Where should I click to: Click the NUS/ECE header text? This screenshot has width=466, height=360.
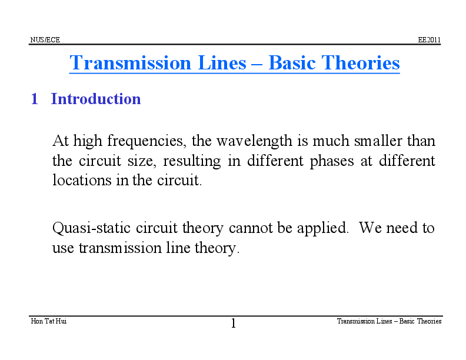(45, 40)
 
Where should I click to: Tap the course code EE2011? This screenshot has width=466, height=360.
(429, 40)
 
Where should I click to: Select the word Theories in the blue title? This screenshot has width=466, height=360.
(363, 63)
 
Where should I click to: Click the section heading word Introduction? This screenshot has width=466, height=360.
(96, 99)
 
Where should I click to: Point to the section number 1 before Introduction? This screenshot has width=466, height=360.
(34, 99)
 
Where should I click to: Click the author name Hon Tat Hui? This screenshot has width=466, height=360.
(48, 321)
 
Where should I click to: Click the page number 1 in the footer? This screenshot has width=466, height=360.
(233, 324)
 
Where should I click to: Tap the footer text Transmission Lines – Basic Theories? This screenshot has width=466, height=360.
(389, 321)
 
